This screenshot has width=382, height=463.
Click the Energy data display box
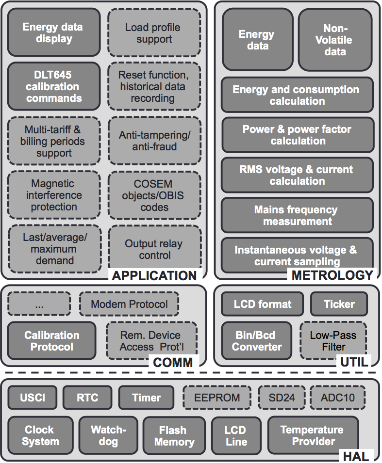click(x=54, y=32)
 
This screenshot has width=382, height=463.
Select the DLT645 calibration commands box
click(x=54, y=87)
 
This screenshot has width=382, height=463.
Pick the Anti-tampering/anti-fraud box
click(x=154, y=141)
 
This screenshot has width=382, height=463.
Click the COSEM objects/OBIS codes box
click(x=154, y=195)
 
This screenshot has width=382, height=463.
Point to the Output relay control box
click(x=154, y=249)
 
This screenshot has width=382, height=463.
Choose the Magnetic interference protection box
click(x=54, y=195)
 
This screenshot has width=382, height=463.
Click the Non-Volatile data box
click(x=335, y=40)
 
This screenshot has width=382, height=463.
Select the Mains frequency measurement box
click(x=298, y=215)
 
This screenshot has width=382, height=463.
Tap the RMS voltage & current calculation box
click(x=298, y=175)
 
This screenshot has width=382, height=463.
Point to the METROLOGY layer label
click(x=332, y=276)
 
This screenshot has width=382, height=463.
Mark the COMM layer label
click(x=173, y=362)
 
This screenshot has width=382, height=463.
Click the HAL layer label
click(x=355, y=456)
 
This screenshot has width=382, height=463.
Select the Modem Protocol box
click(x=129, y=304)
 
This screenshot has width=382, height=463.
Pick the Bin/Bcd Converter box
click(x=257, y=341)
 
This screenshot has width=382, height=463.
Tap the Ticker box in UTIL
click(x=339, y=304)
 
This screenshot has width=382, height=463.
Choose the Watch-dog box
click(x=108, y=435)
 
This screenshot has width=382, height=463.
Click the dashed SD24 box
click(x=282, y=398)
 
